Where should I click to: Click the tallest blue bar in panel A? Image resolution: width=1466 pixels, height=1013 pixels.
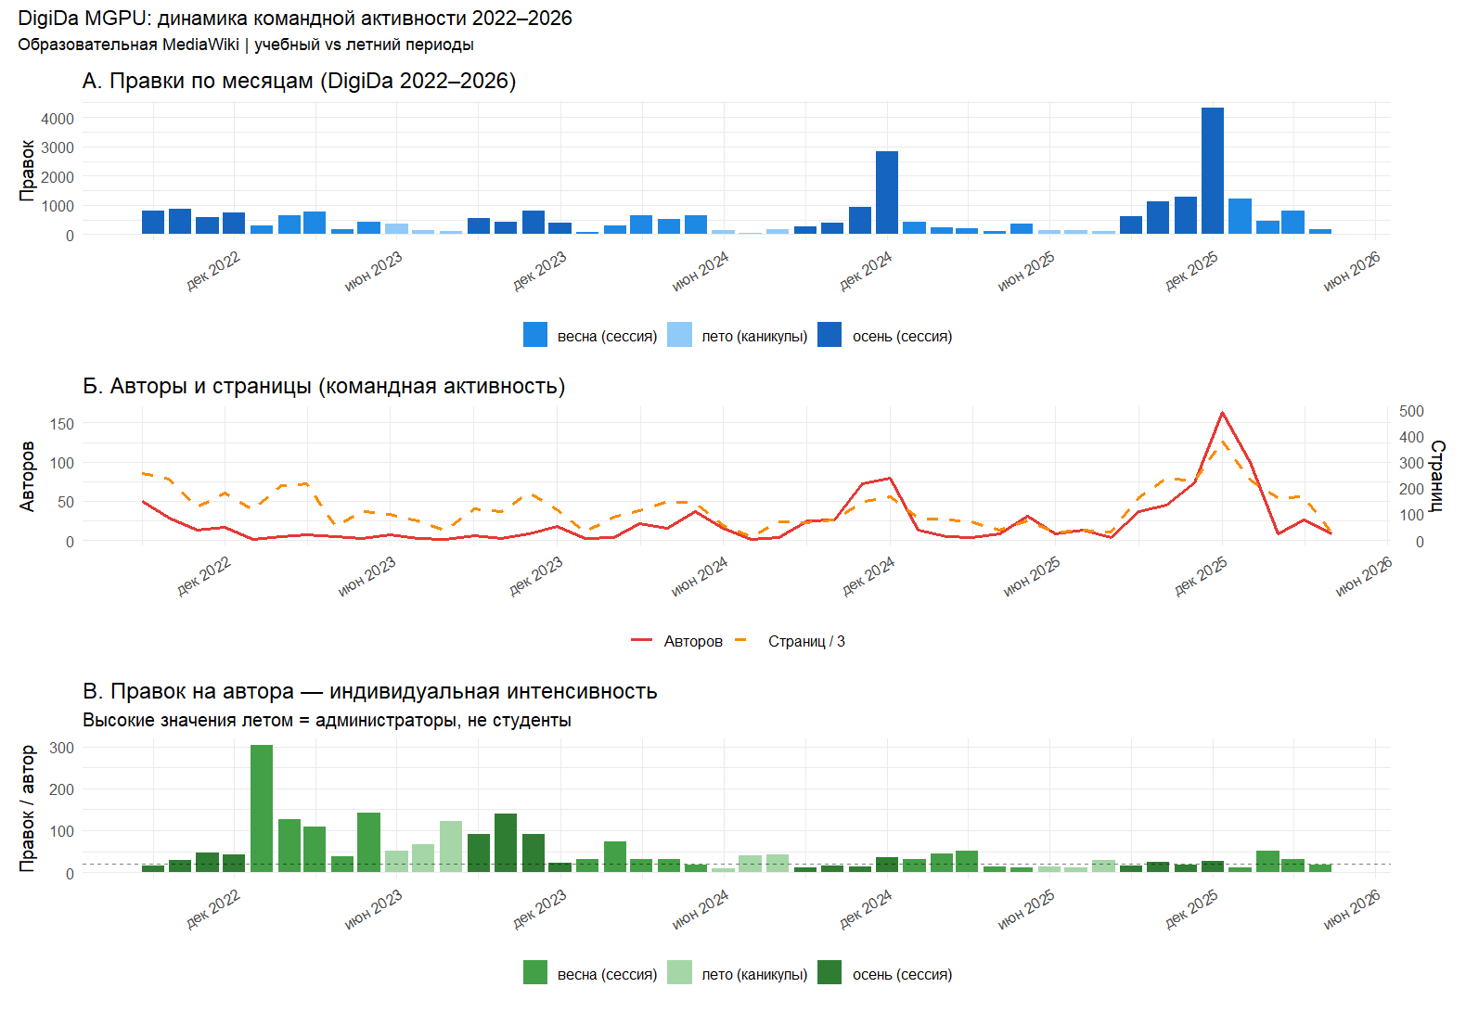pos(1212,171)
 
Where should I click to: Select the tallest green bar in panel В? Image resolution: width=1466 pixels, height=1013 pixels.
pos(262,808)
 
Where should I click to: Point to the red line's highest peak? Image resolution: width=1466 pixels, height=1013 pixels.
pos(1222,413)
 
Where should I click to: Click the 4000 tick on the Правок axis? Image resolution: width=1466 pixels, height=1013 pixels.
pos(58,119)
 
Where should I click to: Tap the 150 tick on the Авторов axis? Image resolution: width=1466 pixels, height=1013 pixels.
pos(62,424)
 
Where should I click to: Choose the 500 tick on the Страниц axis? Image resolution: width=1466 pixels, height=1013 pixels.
pos(1411,411)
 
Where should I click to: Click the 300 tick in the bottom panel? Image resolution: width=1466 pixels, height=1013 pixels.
pos(62,748)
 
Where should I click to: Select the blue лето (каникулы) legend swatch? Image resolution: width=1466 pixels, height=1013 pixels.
pos(679,335)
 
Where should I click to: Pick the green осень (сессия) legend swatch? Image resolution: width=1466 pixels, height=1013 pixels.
pos(829,973)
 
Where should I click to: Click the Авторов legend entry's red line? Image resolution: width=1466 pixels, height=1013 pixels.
pos(642,641)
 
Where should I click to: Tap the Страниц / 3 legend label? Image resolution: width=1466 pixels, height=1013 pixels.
pos(806,641)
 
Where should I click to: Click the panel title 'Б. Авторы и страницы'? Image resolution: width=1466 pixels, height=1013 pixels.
pos(324,386)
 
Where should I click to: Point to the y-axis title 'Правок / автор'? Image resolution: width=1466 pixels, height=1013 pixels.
pos(27,808)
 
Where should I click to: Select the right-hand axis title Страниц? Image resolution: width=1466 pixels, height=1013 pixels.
pos(1436,476)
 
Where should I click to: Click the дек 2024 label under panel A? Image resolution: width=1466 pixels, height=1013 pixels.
pos(866,271)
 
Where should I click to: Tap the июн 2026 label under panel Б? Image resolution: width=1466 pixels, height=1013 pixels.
pos(1363,577)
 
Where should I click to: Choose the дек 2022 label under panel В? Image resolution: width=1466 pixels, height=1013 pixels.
pos(213,909)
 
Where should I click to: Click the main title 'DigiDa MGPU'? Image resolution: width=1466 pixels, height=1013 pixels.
pos(294,19)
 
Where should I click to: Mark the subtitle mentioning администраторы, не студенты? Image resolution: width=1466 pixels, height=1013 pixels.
pos(327,721)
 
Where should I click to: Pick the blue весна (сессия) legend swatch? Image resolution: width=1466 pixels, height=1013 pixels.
pos(535,335)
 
